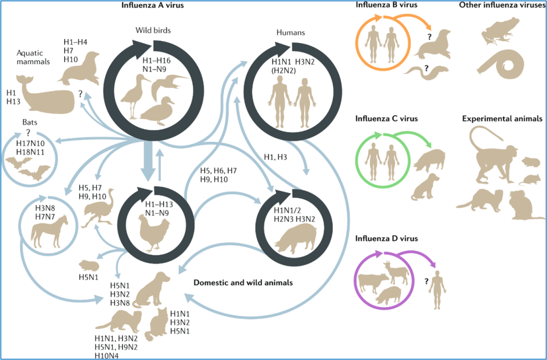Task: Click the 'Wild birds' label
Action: (x=153, y=30)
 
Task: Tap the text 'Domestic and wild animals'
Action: (x=243, y=283)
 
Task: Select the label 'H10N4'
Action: (x=107, y=356)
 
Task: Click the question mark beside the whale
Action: (x=81, y=93)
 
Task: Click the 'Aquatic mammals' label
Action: (x=33, y=57)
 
